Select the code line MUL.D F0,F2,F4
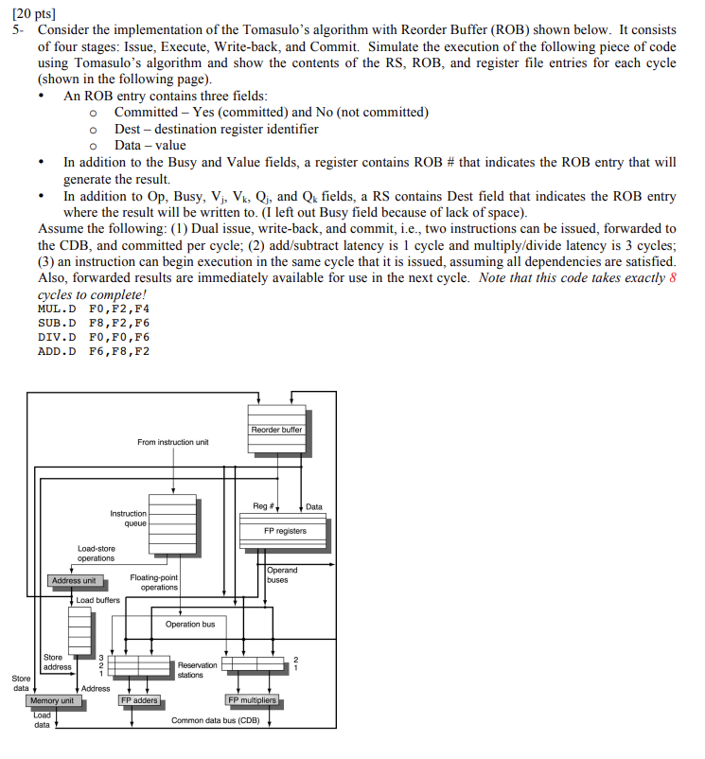coord(94,309)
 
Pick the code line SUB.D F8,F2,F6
coord(94,323)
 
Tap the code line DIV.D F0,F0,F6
coord(94,337)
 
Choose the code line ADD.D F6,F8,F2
coord(94,351)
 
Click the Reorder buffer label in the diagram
coord(277,430)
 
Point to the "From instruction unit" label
coord(173,442)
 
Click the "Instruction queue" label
coord(129,518)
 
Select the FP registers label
coord(285,531)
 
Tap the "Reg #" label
coord(264,506)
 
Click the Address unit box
coord(74,580)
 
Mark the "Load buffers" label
coord(97,600)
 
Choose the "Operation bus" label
coord(190,624)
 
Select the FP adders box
coord(139,700)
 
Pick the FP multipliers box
coord(253,700)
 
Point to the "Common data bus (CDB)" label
coord(215,720)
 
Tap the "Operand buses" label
coord(282,574)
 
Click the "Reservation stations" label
coord(190,669)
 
